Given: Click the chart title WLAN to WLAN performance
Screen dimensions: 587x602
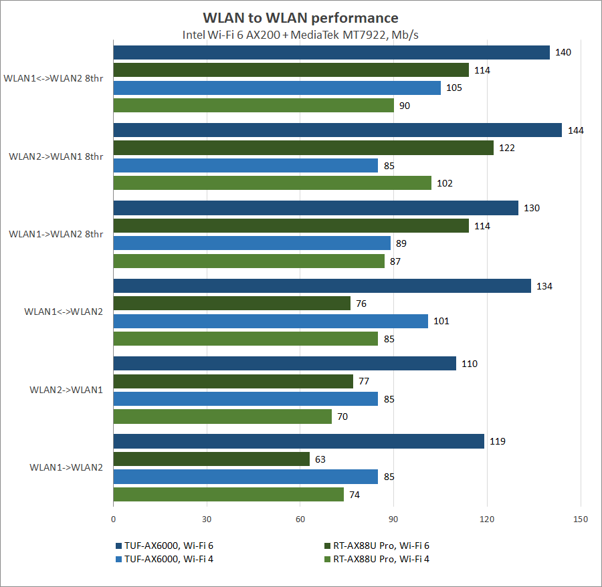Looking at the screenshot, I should (x=300, y=18).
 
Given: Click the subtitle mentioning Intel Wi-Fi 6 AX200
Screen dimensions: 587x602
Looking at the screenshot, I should (x=300, y=35).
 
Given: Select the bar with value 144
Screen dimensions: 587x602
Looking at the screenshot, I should (x=337, y=130).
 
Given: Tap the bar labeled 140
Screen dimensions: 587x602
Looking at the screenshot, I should (x=331, y=53).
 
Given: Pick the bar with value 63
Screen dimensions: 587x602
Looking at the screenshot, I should (x=211, y=459).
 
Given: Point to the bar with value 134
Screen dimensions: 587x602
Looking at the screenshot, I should (x=322, y=286).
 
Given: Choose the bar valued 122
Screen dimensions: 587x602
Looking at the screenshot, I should (x=303, y=148).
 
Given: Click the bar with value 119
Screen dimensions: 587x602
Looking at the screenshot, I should (x=298, y=442).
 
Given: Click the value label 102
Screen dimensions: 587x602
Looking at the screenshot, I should (x=445, y=183).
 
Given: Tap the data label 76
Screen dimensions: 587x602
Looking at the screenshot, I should (x=361, y=304).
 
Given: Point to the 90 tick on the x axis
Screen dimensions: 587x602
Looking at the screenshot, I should (x=394, y=519).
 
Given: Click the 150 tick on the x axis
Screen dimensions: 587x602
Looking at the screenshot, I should (x=581, y=519).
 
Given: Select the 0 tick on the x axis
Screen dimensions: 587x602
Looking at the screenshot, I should (x=114, y=519).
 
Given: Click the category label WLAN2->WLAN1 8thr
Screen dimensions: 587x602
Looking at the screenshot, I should (x=56, y=156).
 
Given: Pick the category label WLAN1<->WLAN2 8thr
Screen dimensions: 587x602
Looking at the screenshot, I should (x=53, y=78).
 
